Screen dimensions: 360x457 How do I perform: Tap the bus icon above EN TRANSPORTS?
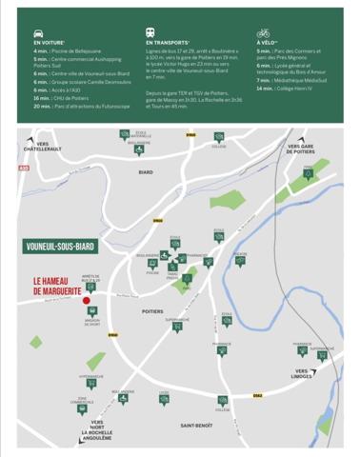[x=151, y=32]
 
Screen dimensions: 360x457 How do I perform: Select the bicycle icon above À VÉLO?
[x=263, y=32]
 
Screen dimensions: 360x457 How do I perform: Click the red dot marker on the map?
[x=87, y=302]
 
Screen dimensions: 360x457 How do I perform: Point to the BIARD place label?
[x=146, y=172]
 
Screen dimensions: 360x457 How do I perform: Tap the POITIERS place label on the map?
[x=152, y=311]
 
